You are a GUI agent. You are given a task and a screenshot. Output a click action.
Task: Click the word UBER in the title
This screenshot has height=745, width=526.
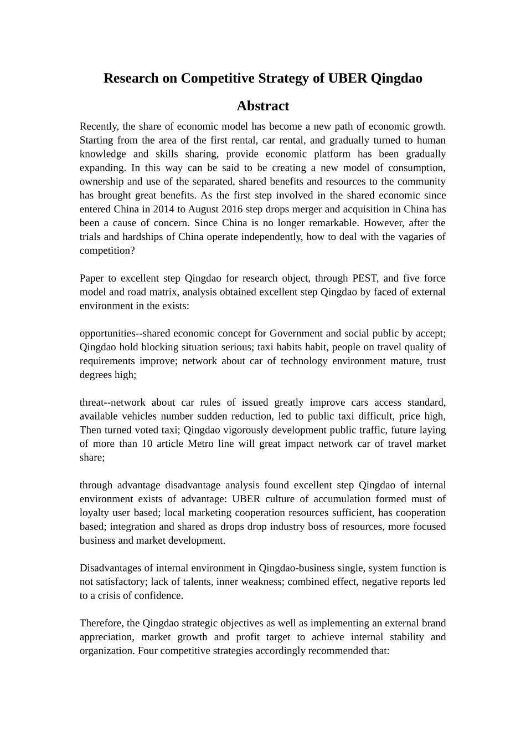point(347,78)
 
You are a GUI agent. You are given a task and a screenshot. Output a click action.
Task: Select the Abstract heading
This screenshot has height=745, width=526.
point(263,106)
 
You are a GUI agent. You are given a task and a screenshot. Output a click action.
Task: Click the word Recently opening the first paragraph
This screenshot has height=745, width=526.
point(100,126)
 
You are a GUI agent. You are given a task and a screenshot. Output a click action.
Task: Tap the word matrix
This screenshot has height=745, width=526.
point(164,292)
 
